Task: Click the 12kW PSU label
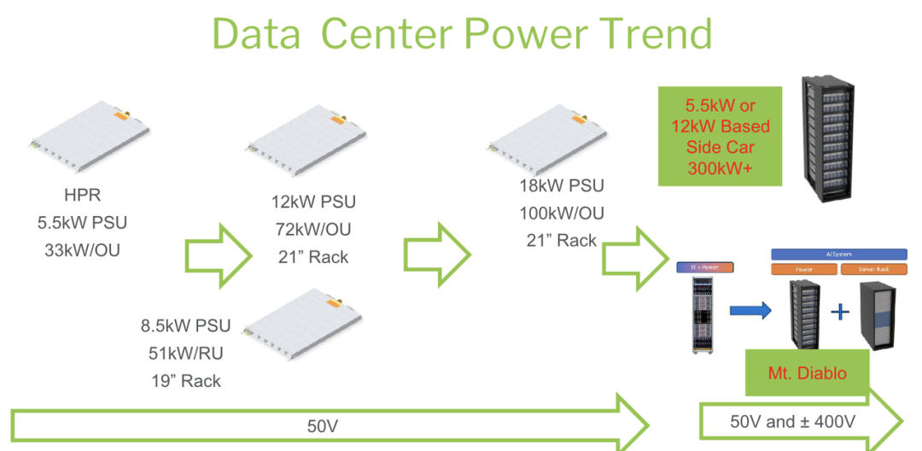click(x=314, y=202)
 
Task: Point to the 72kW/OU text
click(x=314, y=229)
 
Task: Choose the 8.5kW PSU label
click(x=185, y=325)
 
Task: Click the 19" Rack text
click(x=185, y=381)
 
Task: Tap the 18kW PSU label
click(x=562, y=186)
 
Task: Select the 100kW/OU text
click(x=562, y=214)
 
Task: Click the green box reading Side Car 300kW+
click(x=721, y=136)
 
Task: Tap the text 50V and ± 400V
click(x=793, y=421)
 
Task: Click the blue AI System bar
click(x=837, y=254)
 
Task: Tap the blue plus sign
click(x=840, y=312)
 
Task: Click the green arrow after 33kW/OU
click(x=218, y=254)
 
